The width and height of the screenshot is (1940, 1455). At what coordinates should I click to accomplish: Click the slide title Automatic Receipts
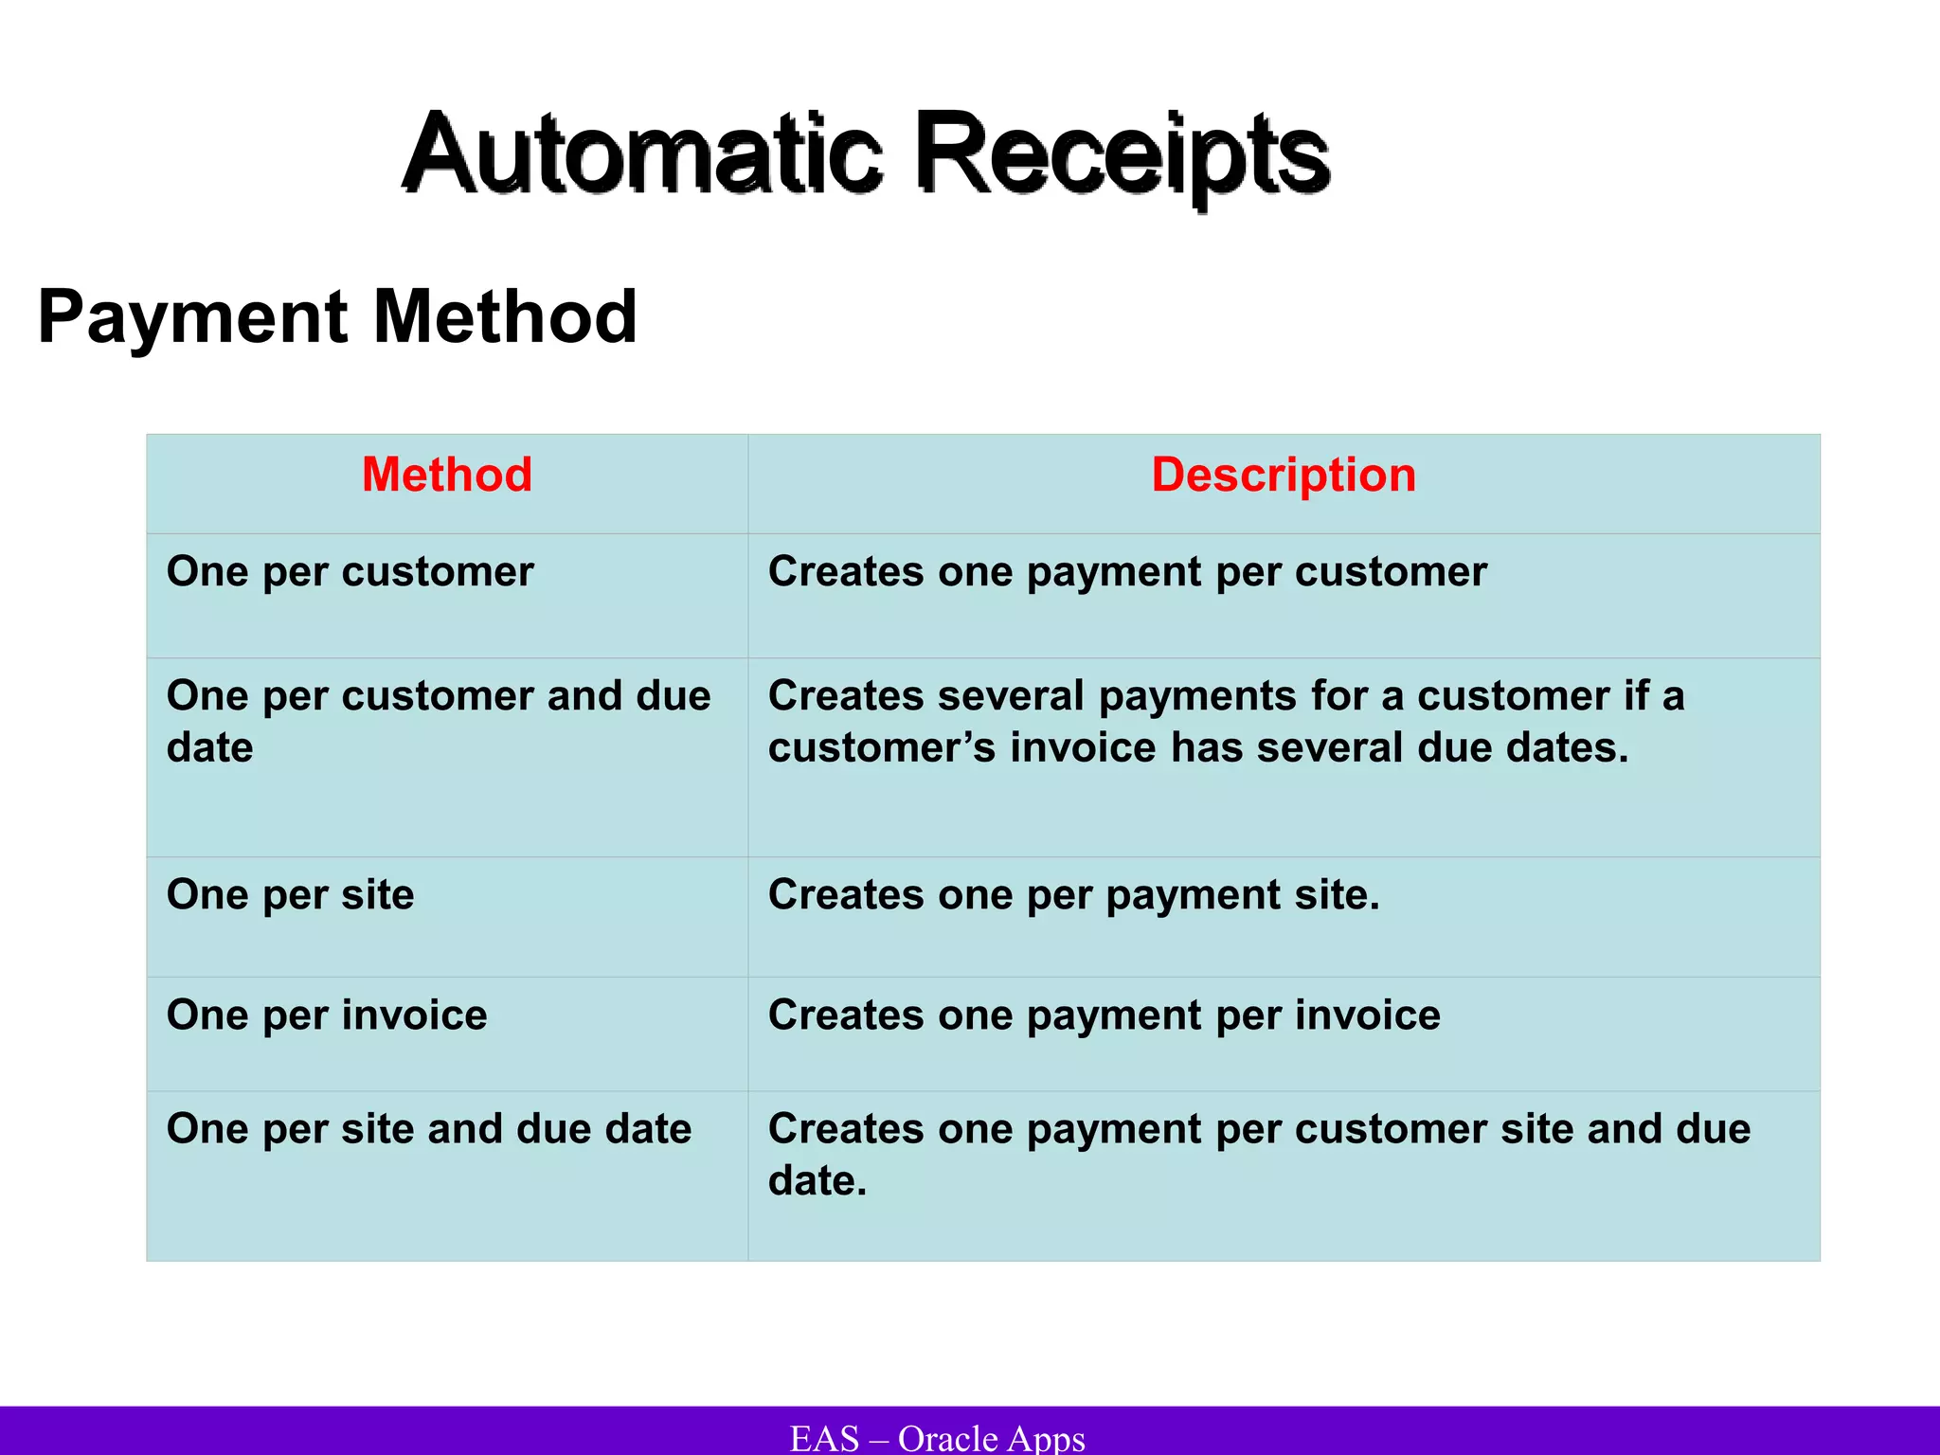[x=866, y=154]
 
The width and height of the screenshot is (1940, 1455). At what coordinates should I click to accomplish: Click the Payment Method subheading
[x=337, y=316]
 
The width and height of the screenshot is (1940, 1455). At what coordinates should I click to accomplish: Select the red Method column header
[x=447, y=475]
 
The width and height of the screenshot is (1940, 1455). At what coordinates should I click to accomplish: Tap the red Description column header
[x=1284, y=475]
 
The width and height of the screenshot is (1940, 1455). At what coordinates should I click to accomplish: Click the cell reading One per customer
[x=350, y=572]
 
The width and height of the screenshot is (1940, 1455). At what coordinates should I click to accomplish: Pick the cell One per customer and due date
[x=438, y=721]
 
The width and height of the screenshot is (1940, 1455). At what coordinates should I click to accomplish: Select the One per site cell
[x=291, y=895]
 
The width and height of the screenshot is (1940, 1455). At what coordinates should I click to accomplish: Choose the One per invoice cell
[x=327, y=1015]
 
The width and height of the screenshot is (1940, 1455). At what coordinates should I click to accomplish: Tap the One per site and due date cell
[x=429, y=1129]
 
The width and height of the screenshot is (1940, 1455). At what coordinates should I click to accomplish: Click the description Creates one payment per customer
[x=1127, y=572]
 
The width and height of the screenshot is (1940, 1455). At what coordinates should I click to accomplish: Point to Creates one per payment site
[x=1073, y=895]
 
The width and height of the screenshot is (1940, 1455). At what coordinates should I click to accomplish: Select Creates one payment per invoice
[x=1105, y=1015]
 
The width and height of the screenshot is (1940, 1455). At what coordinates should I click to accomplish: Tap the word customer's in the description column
[x=882, y=748]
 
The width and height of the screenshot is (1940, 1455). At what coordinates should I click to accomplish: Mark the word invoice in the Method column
[x=415, y=1015]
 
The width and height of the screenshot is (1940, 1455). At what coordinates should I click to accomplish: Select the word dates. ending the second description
[x=1568, y=748]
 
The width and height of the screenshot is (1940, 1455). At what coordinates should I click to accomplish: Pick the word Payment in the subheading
[x=192, y=316]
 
